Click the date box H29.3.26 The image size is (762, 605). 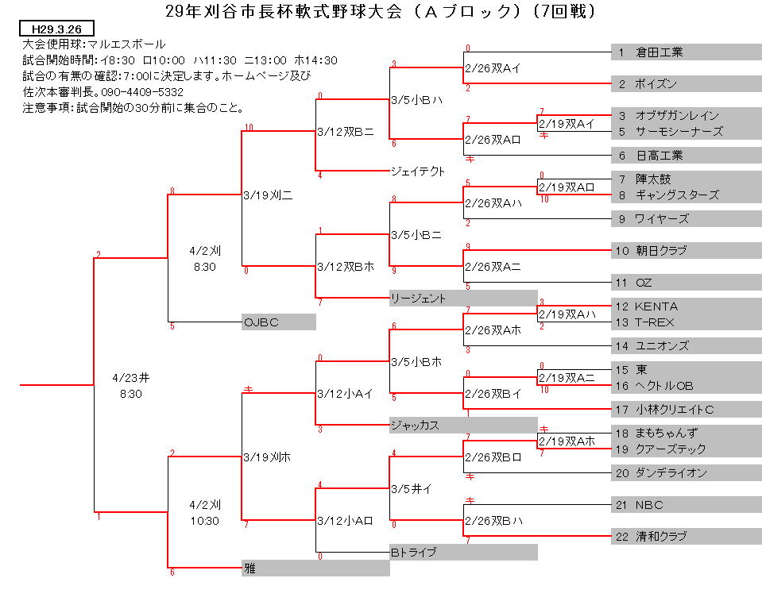tap(57, 29)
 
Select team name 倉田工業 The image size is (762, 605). tap(659, 52)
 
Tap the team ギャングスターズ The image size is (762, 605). tap(677, 195)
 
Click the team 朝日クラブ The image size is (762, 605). tap(661, 251)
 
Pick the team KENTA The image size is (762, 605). tap(656, 307)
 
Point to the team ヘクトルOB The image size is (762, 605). tap(664, 386)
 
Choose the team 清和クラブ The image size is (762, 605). tap(661, 537)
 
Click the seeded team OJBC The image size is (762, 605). tap(261, 322)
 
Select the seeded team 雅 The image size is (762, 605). tap(249, 568)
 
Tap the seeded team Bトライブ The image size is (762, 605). tap(413, 553)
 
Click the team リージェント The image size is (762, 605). tap(418, 299)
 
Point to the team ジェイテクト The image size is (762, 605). tap(418, 171)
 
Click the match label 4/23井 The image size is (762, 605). tap(131, 378)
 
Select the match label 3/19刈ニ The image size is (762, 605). tap(268, 195)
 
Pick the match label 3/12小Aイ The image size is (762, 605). tap(345, 394)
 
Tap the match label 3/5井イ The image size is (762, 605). tap(412, 489)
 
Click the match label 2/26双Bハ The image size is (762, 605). tap(493, 521)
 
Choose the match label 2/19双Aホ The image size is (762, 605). tap(567, 441)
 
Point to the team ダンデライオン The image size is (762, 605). tap(671, 473)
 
